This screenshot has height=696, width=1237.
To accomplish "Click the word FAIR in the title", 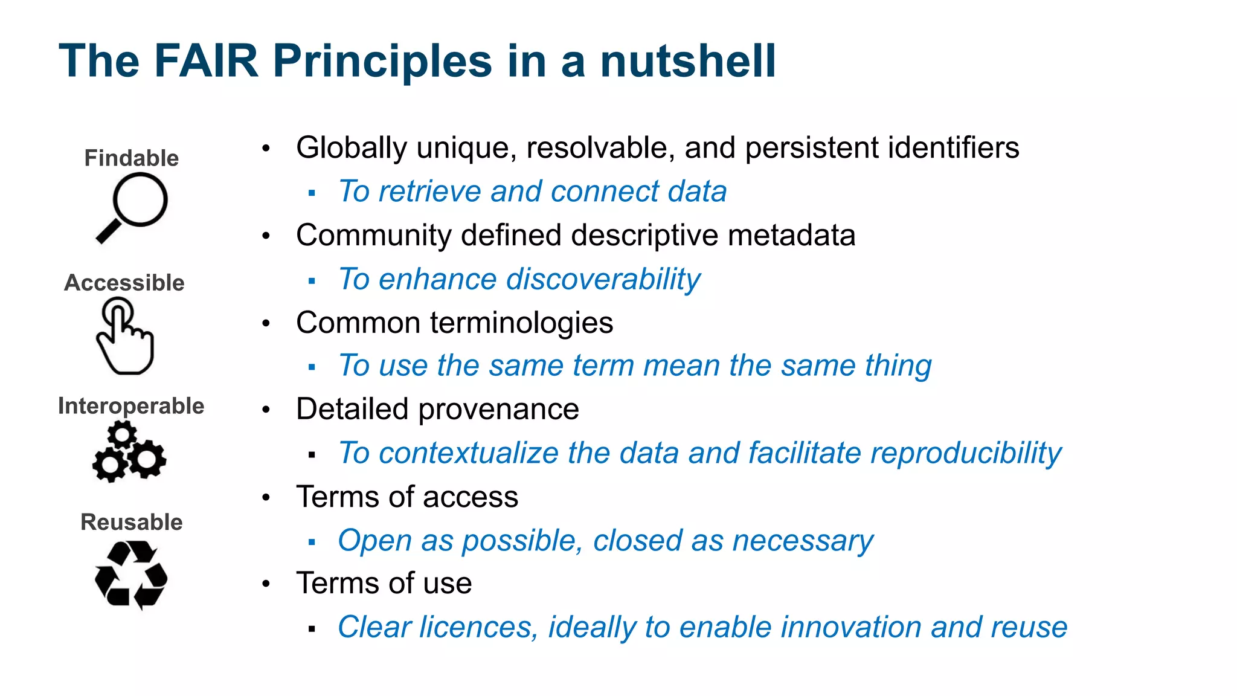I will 206,61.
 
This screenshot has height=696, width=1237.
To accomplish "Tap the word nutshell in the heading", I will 687,61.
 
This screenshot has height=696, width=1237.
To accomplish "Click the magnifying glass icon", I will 132,207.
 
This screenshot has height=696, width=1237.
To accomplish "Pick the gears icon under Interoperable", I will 129,452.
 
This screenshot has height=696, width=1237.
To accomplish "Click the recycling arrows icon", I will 130,575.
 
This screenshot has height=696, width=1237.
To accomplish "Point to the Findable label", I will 131,158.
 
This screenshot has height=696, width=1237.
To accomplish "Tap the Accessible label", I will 124,283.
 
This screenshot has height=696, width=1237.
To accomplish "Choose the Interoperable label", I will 131,406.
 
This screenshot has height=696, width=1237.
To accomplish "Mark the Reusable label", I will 131,522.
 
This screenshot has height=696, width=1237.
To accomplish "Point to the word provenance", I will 498,410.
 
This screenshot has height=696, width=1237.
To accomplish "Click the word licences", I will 476,627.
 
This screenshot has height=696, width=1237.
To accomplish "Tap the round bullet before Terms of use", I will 266,584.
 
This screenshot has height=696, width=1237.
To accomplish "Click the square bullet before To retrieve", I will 312,193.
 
